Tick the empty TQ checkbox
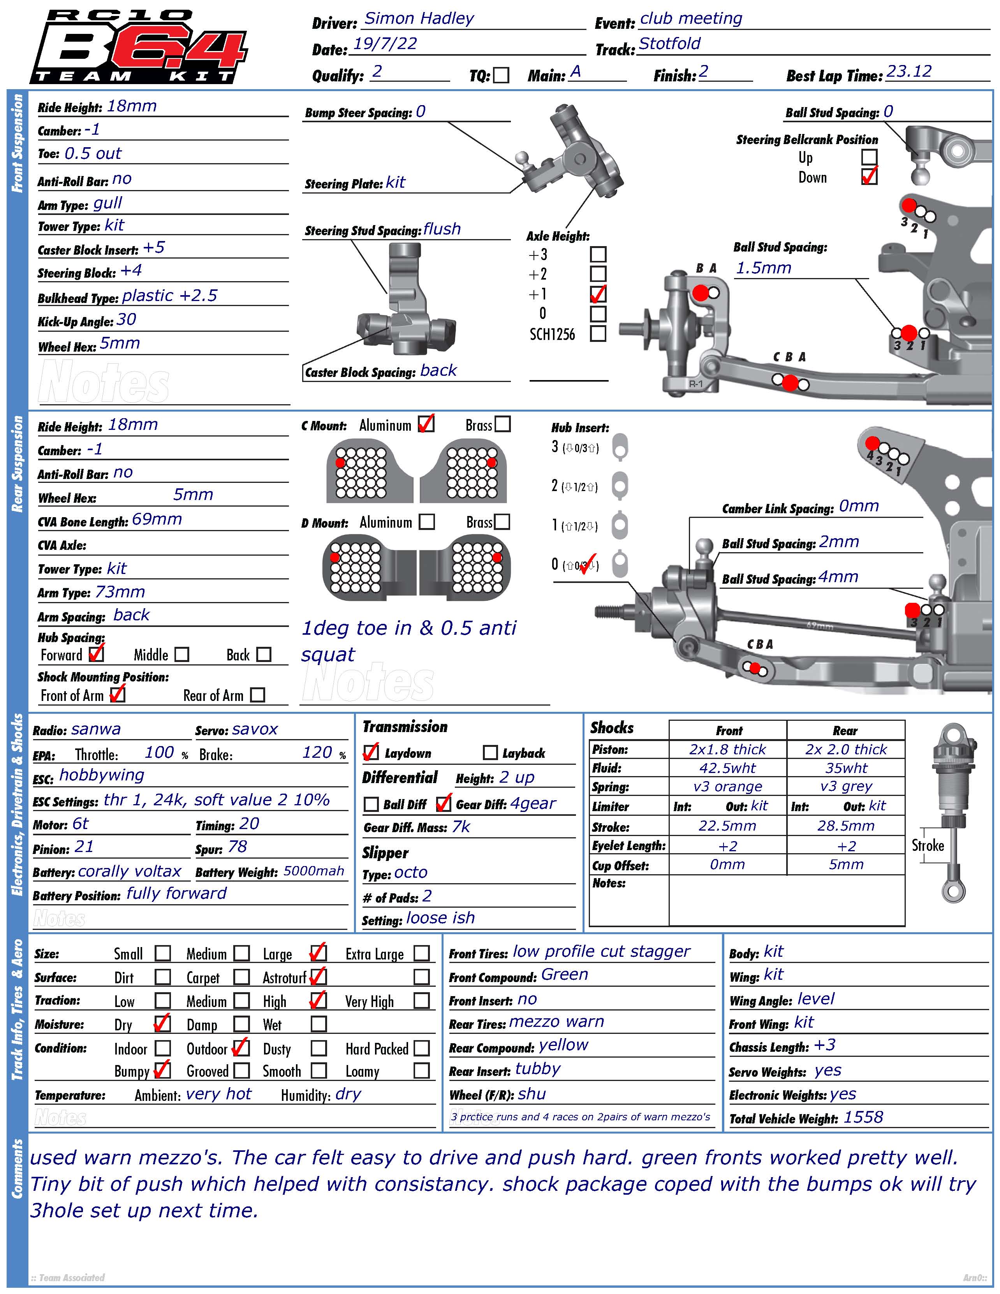[501, 75]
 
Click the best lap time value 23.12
[909, 72]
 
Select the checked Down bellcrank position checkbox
[869, 176]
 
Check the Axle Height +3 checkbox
[599, 254]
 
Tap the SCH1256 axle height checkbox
[599, 334]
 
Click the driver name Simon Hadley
[419, 18]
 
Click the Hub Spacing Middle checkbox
[182, 654]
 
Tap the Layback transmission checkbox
[490, 752]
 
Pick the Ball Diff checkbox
[371, 804]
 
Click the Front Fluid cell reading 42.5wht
[727, 768]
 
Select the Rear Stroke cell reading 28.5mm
[845, 825]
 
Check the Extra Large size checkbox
[421, 953]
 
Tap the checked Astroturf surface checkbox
[318, 976]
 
